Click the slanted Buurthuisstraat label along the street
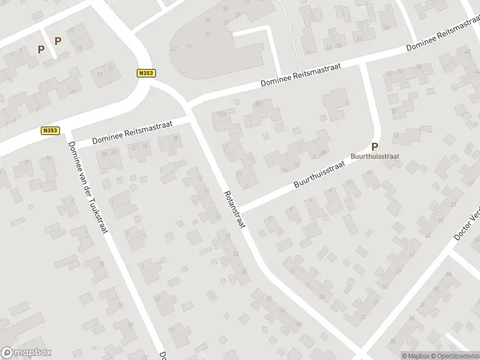[x=321, y=173]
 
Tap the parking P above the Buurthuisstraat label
[x=375, y=146]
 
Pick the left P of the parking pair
[x=41, y=50]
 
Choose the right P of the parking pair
[x=58, y=41]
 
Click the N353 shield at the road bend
[x=145, y=73]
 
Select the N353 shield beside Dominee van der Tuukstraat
[x=50, y=130]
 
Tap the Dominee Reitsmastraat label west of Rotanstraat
[x=132, y=133]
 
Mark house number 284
[x=223, y=114]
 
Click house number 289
[x=259, y=104]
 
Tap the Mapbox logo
[x=26, y=353]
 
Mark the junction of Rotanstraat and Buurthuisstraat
[x=238, y=207]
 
